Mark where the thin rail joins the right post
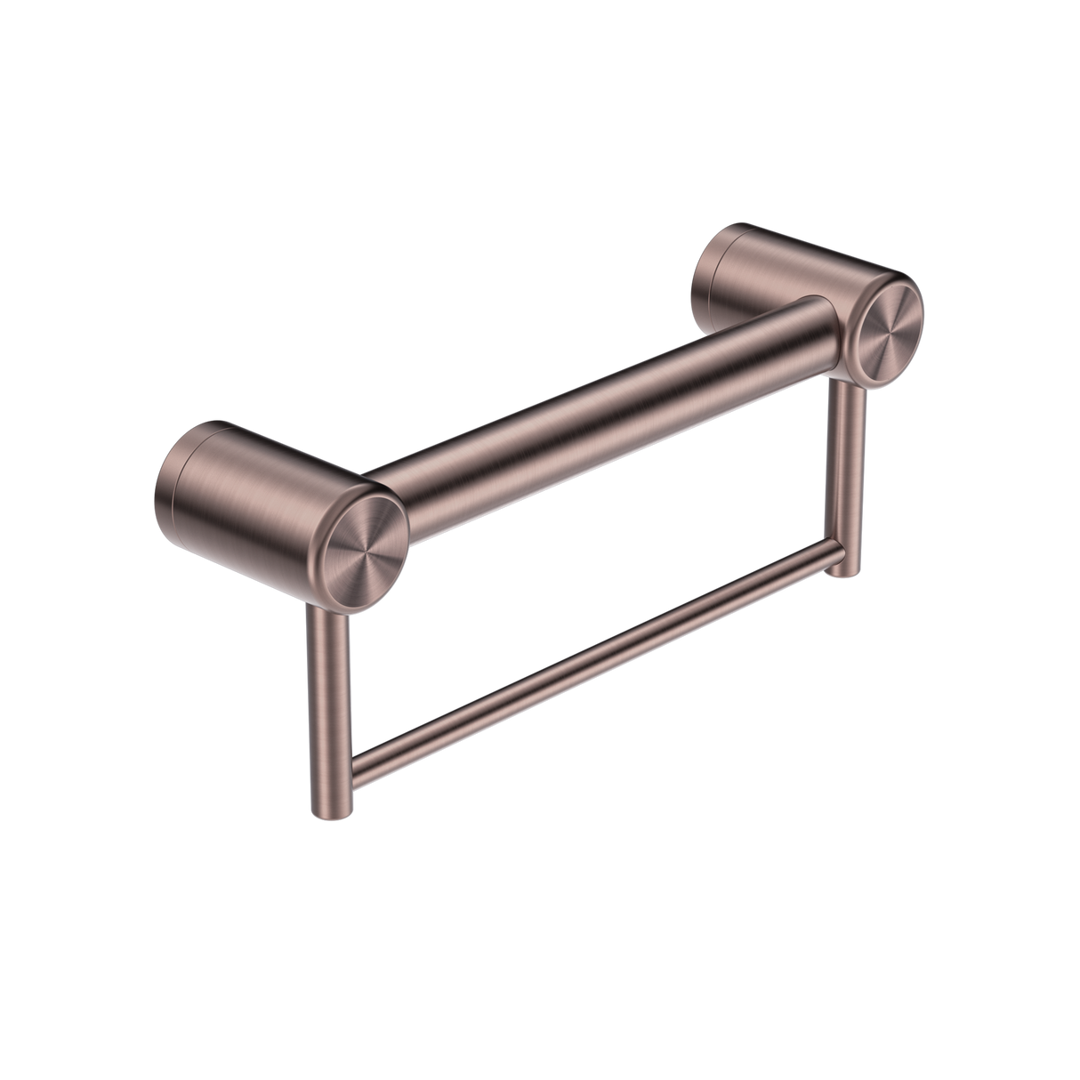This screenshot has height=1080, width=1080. click(834, 557)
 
